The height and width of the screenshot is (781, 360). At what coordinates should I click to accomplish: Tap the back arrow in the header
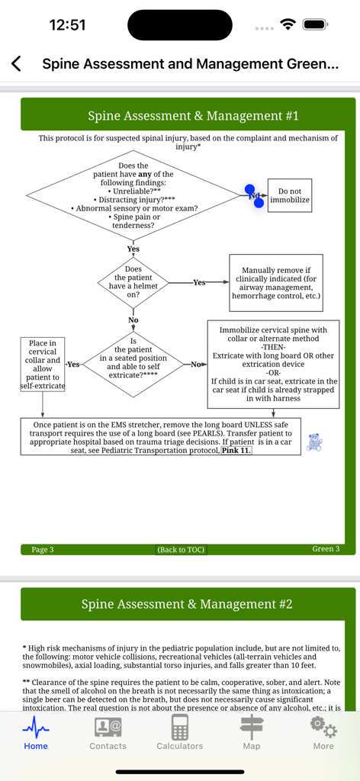point(17,64)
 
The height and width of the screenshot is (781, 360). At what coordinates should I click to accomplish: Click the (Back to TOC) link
point(181,549)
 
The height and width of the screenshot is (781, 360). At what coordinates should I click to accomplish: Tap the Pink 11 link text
point(236,451)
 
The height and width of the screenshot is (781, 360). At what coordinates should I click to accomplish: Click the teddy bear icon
point(313,442)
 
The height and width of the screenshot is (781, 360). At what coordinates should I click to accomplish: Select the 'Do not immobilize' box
point(290,196)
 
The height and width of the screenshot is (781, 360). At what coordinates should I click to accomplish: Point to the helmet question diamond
point(133,282)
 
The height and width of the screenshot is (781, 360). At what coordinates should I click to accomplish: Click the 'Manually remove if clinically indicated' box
point(276,283)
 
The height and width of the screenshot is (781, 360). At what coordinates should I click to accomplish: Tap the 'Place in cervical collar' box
point(43,365)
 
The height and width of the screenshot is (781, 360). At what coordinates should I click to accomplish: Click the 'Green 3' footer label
point(326,549)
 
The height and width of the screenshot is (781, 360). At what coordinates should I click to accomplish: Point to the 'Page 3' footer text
point(43,549)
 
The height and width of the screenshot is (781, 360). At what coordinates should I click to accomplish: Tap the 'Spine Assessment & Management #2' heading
point(187,604)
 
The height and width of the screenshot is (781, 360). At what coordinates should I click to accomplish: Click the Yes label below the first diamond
point(133,249)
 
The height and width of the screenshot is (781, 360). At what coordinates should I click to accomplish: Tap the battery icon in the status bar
point(315,24)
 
